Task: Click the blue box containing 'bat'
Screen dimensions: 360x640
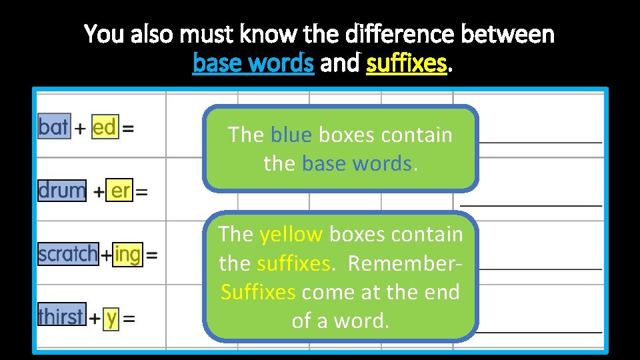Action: click(53, 127)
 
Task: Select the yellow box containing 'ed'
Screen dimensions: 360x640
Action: click(104, 127)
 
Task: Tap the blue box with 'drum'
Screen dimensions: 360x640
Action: click(61, 191)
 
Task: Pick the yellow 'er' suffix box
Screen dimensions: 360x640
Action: click(120, 191)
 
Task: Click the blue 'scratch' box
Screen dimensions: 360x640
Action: click(67, 254)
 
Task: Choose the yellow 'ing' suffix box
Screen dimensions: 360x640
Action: click(127, 254)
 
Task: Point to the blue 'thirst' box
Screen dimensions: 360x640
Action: click(61, 317)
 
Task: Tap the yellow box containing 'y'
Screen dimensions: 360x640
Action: click(111, 317)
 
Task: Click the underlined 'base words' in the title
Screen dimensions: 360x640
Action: click(253, 63)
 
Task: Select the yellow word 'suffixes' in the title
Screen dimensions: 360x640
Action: click(406, 63)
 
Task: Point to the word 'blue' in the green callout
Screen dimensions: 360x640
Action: click(291, 135)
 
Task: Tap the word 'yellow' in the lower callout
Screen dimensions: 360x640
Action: click(291, 235)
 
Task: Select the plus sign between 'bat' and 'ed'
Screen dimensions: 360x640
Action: click(80, 129)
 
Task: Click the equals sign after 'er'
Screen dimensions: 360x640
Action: click(141, 193)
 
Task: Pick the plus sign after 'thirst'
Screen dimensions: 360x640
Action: click(95, 319)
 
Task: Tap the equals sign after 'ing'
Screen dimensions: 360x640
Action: click(152, 255)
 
